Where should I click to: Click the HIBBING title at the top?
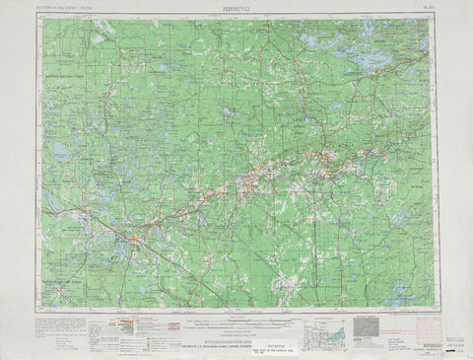point(236,6)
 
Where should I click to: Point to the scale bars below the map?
point(236,318)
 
